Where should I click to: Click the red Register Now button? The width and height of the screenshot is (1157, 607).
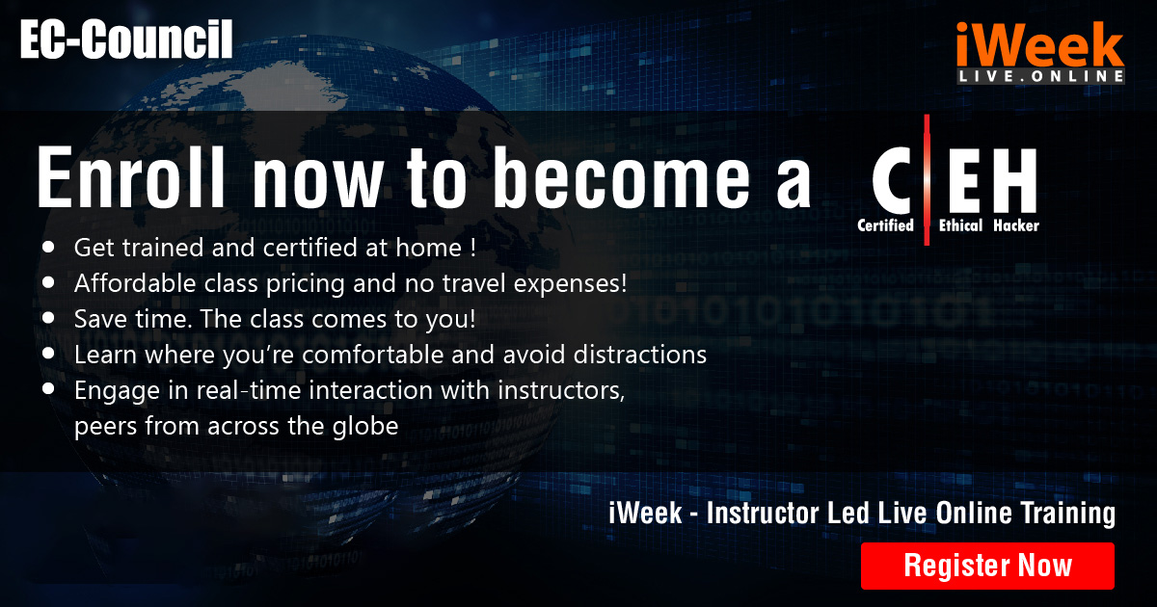987,566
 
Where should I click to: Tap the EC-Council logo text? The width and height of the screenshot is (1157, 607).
126,40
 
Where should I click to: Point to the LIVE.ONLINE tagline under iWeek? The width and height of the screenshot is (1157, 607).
1040,76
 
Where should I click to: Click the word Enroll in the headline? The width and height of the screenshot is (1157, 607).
131,177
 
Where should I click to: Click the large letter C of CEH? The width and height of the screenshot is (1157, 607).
892,180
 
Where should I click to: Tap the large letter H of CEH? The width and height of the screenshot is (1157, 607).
1014,180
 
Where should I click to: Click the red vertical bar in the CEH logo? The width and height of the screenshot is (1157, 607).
927,179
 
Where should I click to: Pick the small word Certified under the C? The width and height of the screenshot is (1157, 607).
885,225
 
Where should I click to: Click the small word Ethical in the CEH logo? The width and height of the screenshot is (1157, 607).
960,225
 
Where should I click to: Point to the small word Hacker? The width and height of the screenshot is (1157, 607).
1016,225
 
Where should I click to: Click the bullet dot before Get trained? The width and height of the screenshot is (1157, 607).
48,247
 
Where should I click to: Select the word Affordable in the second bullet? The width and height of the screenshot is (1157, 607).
135,283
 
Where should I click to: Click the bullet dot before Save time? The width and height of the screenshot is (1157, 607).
48,318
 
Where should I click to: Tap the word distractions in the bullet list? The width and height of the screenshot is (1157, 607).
640,355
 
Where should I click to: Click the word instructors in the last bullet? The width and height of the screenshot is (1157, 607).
561,390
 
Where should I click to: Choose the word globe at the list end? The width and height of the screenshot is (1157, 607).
365,426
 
